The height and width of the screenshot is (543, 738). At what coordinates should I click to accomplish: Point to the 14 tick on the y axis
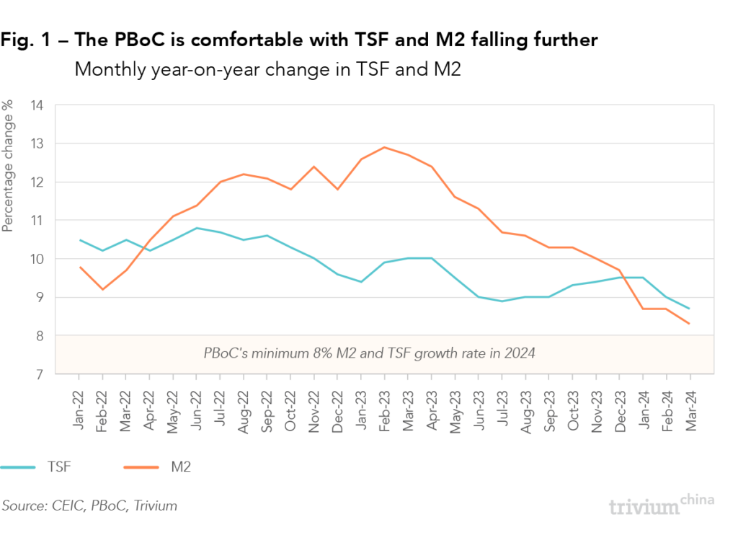click(x=37, y=105)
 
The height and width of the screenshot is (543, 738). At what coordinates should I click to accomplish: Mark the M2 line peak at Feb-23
click(x=384, y=147)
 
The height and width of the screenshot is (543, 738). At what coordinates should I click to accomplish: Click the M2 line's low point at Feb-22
click(x=102, y=289)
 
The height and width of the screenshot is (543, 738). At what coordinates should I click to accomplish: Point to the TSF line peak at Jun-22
click(x=197, y=228)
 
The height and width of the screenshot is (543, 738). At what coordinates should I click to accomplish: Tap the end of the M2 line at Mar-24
click(x=690, y=323)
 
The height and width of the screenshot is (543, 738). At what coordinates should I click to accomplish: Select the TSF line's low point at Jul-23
click(x=502, y=301)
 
